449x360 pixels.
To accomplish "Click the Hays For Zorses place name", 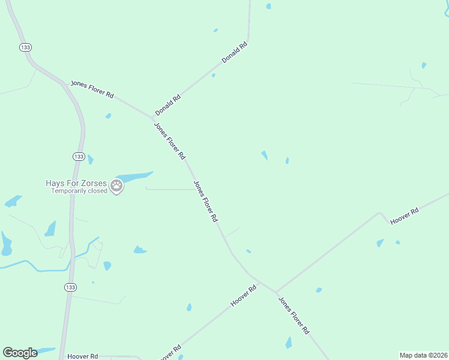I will [x=76, y=183].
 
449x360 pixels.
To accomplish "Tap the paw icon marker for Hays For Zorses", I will [x=117, y=187].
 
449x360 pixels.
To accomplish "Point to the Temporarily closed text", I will [x=79, y=191].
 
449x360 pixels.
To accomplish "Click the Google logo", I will [x=20, y=353].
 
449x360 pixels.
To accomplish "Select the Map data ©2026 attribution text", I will [x=423, y=355].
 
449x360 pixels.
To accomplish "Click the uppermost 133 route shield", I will [x=25, y=47].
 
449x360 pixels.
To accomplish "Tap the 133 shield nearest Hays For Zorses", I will [x=79, y=156].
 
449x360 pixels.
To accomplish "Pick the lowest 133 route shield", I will [x=70, y=287].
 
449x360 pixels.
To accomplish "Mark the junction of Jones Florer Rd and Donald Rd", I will [x=153, y=117].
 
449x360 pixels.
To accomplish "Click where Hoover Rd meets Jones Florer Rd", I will [x=276, y=292].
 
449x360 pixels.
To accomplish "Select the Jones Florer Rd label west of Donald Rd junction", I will [x=92, y=89].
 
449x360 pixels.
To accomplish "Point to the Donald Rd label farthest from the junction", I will [x=234, y=53].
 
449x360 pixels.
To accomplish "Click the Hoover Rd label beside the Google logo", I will [x=83, y=356].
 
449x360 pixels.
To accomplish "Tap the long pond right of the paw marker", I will [x=135, y=177].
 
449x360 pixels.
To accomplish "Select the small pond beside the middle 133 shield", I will [x=90, y=159].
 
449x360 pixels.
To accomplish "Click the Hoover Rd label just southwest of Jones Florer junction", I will [x=244, y=296].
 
